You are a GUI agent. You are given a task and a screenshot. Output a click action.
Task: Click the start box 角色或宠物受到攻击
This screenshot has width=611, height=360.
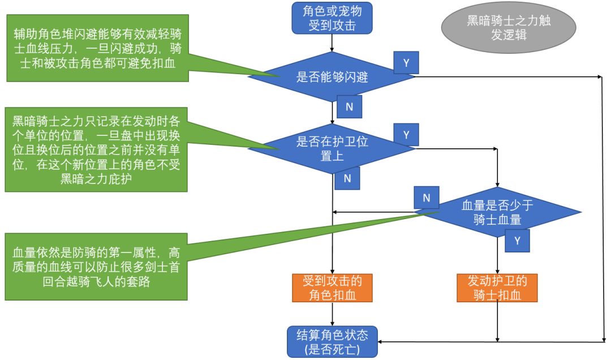click(332, 17)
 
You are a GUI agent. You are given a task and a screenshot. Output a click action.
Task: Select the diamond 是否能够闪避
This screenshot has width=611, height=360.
click(332, 77)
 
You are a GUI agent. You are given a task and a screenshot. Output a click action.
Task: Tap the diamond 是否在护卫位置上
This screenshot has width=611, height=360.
click(332, 148)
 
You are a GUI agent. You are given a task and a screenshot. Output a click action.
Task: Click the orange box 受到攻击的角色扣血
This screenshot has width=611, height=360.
click(332, 288)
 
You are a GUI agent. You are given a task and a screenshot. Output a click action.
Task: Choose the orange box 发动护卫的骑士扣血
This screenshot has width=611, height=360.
click(497, 288)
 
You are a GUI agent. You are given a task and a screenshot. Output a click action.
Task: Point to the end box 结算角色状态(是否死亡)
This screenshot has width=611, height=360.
click(332, 341)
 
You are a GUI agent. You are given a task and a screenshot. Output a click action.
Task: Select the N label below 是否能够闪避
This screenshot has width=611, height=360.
click(349, 106)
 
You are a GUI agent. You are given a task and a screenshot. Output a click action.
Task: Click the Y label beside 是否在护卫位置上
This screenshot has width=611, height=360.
click(406, 135)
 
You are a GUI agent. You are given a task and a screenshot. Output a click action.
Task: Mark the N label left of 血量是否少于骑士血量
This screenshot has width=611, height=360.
click(427, 198)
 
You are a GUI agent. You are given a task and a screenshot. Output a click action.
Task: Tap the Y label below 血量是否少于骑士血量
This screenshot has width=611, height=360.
click(517, 240)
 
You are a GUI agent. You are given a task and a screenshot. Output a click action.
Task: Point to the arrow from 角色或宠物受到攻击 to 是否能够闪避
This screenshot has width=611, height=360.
click(332, 42)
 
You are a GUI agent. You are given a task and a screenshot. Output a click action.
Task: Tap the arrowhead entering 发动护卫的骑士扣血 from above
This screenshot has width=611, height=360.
click(497, 270)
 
